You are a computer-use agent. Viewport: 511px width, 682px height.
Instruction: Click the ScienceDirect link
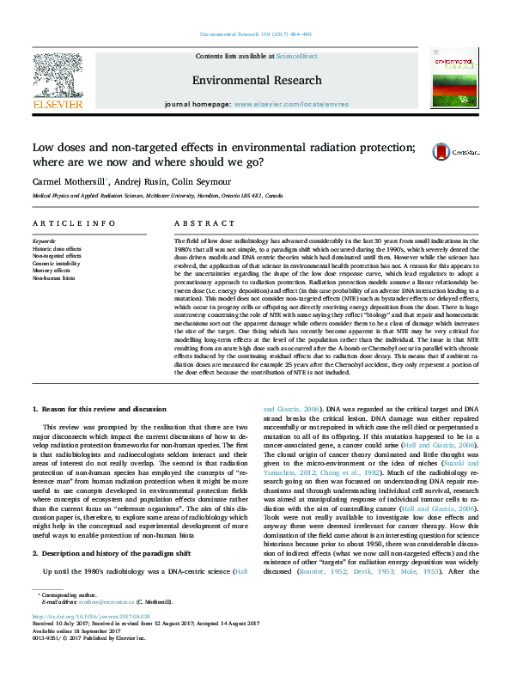coord(298,56)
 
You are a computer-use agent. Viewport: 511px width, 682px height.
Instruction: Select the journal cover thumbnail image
coord(456,79)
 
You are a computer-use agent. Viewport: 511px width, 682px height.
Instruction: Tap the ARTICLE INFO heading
coord(74,223)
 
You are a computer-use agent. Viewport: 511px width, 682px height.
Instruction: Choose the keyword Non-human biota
coord(53,278)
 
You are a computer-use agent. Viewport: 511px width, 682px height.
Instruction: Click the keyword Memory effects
coord(52,271)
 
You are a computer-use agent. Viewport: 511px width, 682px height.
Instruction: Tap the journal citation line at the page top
coord(255,33)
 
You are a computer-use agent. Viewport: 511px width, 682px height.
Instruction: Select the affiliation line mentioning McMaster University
coord(156,196)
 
